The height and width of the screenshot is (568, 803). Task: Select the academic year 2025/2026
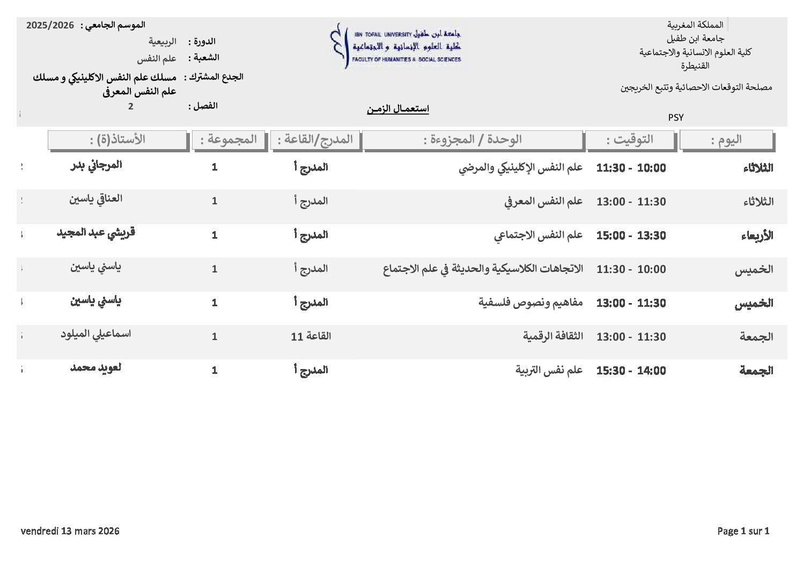click(50, 25)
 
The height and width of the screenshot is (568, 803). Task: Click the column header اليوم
click(726, 140)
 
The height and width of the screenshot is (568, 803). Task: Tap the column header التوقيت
click(630, 140)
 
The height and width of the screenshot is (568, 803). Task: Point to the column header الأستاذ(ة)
click(117, 140)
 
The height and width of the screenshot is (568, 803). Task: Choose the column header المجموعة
click(229, 140)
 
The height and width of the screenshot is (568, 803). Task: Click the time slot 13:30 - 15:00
click(631, 235)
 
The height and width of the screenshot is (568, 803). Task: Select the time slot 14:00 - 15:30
click(631, 371)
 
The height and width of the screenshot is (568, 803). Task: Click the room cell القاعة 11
click(311, 336)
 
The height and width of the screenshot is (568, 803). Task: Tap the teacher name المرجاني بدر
click(96, 165)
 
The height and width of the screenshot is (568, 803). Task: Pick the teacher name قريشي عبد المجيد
click(96, 233)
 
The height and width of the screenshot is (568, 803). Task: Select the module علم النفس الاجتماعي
click(538, 235)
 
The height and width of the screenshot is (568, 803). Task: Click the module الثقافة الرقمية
click(552, 336)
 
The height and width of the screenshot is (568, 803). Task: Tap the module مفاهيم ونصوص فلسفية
click(530, 303)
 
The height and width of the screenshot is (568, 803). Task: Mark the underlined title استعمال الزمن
click(397, 109)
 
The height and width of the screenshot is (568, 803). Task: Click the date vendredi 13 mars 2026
click(70, 531)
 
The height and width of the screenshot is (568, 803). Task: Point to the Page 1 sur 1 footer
click(743, 531)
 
